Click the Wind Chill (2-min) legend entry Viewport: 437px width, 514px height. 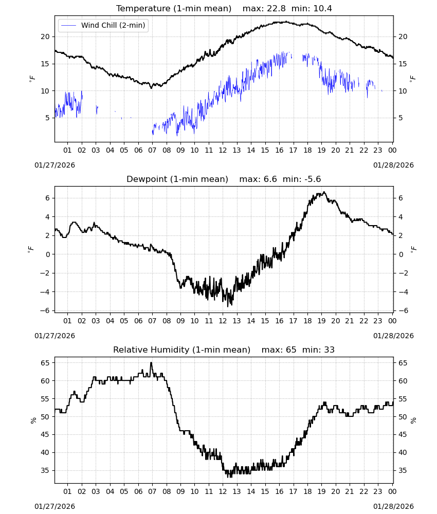(x=103, y=25)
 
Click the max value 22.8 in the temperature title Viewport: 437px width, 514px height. (x=277, y=9)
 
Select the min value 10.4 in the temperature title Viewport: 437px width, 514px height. (x=322, y=9)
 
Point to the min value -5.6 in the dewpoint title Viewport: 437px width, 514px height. (x=313, y=179)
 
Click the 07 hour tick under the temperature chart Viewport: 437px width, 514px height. (x=152, y=150)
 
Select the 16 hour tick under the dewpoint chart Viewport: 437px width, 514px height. (x=279, y=321)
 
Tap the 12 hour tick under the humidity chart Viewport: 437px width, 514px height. (x=223, y=491)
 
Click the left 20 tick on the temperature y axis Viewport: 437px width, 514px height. (x=45, y=36)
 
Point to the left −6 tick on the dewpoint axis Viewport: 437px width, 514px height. (x=45, y=310)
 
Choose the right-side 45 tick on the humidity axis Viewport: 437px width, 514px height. (x=403, y=435)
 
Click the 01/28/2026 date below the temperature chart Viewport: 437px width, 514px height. (x=393, y=165)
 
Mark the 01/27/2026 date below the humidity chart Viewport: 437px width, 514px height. (x=54, y=506)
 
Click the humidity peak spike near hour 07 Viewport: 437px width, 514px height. (x=151, y=363)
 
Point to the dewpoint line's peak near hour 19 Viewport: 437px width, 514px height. (x=324, y=192)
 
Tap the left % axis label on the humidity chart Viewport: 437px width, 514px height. (x=33, y=420)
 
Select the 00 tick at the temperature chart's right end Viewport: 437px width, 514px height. (x=392, y=150)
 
